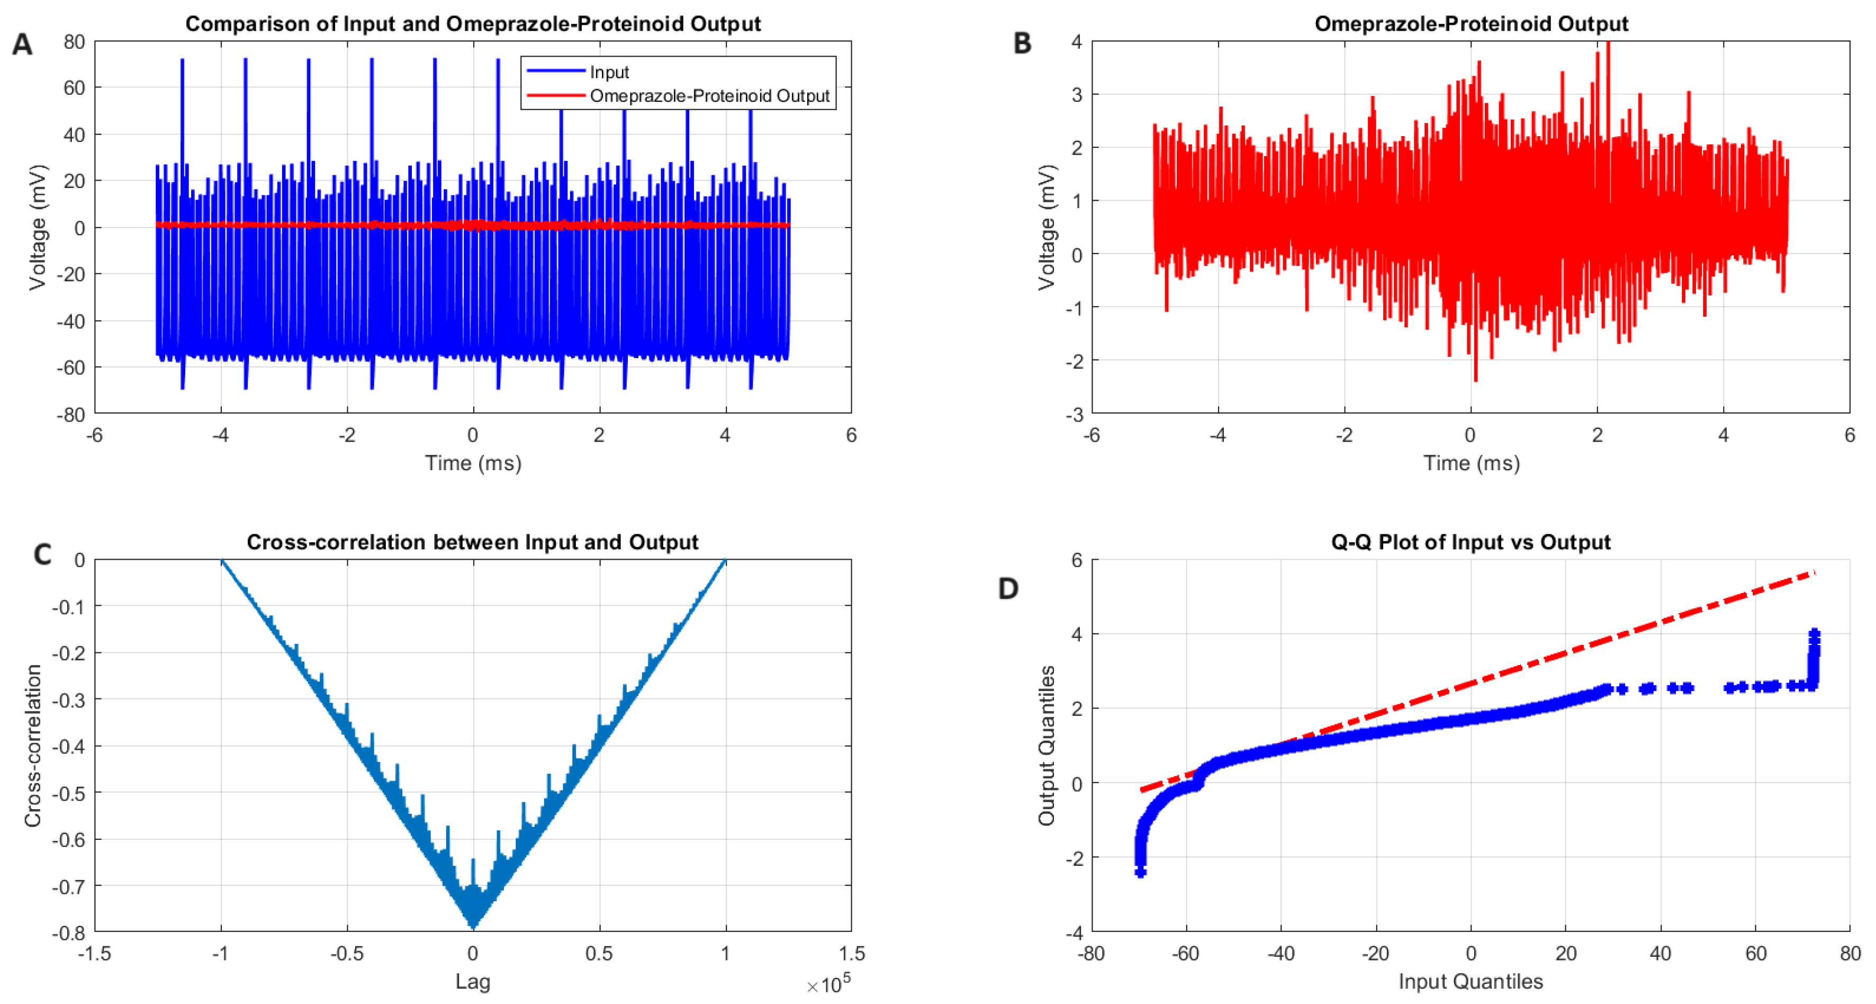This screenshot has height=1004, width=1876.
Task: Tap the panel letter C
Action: [42, 555]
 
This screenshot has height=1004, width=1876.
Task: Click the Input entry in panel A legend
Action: [609, 72]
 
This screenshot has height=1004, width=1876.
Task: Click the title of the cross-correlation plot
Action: [472, 542]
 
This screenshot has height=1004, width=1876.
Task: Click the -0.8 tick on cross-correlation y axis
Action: [68, 933]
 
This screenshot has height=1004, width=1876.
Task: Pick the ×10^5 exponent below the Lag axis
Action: [828, 985]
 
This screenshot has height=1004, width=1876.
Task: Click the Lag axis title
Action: [473, 981]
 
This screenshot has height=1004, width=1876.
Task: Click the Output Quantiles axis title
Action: [1047, 746]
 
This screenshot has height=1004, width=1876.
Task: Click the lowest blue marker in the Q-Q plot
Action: [1140, 872]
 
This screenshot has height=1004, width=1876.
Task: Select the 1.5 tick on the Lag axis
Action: [851, 953]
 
